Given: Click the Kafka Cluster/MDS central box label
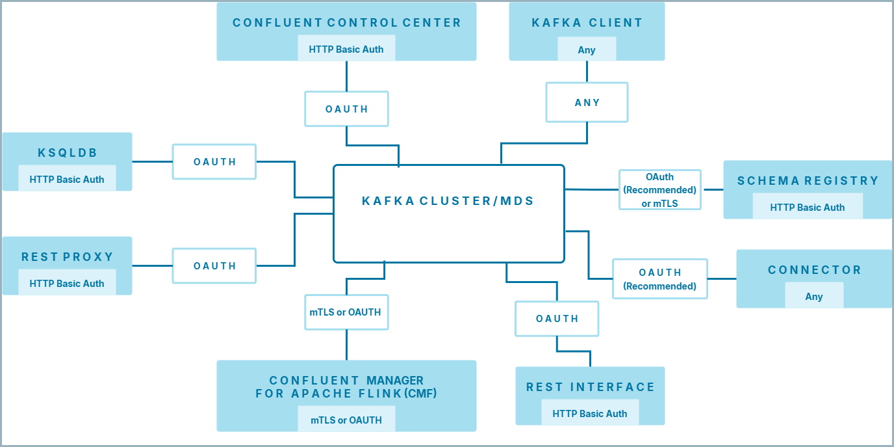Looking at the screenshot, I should tap(448, 201).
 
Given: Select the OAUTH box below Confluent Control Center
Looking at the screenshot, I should tap(346, 109).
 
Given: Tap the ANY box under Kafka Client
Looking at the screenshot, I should tap(587, 102).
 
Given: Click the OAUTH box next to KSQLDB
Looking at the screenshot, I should tap(214, 162).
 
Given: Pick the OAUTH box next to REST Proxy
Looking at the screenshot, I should tap(214, 266).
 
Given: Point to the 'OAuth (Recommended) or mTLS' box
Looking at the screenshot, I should tap(659, 190).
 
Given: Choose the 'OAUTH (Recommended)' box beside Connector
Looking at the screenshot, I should tap(659, 279).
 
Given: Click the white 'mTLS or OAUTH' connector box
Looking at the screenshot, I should tap(346, 312).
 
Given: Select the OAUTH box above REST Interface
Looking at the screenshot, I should tap(557, 319).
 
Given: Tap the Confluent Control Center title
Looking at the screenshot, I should tap(346, 23).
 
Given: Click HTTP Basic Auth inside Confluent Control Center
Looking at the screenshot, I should tap(346, 49).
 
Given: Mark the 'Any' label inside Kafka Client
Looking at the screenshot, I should tap(587, 50).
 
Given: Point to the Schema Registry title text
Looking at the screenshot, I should tap(808, 181).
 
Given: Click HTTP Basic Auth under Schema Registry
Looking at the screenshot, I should tap(808, 208).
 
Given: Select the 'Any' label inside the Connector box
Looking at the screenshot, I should tap(814, 297).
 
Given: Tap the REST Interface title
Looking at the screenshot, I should tap(590, 387).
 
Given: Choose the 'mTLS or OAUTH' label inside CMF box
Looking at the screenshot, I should tap(346, 420).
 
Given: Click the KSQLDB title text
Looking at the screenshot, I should tap(67, 153).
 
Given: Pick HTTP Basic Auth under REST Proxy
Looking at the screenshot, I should tap(67, 284).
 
